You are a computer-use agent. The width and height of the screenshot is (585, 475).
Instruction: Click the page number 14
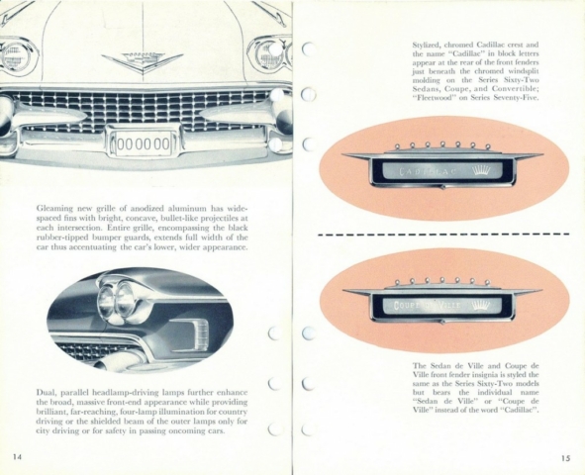(17, 457)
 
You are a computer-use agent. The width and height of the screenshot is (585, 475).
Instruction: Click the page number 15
(565, 458)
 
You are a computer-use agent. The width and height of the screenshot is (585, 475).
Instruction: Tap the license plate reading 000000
(144, 143)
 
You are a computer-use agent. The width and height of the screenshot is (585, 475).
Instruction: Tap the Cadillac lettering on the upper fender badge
(428, 171)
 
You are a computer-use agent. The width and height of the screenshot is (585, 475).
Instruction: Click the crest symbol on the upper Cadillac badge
(481, 171)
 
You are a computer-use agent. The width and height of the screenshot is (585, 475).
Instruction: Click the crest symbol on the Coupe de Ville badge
(480, 306)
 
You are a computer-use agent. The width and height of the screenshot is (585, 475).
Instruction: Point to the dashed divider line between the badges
(443, 235)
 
